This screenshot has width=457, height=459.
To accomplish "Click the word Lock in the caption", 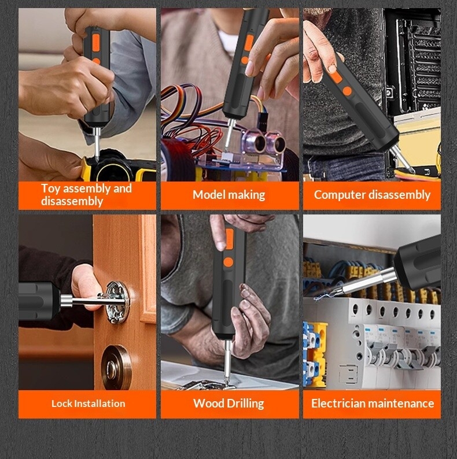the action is pyautogui.click(x=62, y=404).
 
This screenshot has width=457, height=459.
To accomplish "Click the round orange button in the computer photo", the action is pyautogui.click(x=347, y=91).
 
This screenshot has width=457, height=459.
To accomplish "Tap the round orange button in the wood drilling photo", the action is pyautogui.click(x=228, y=262).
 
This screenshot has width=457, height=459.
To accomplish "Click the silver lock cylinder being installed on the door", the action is pyautogui.click(x=117, y=302).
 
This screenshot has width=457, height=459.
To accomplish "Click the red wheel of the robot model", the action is pyautogui.click(x=176, y=160).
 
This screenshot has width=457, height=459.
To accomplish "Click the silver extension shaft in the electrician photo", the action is pyautogui.click(x=368, y=282).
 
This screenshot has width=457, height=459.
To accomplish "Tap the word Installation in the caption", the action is pyautogui.click(x=99, y=404).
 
